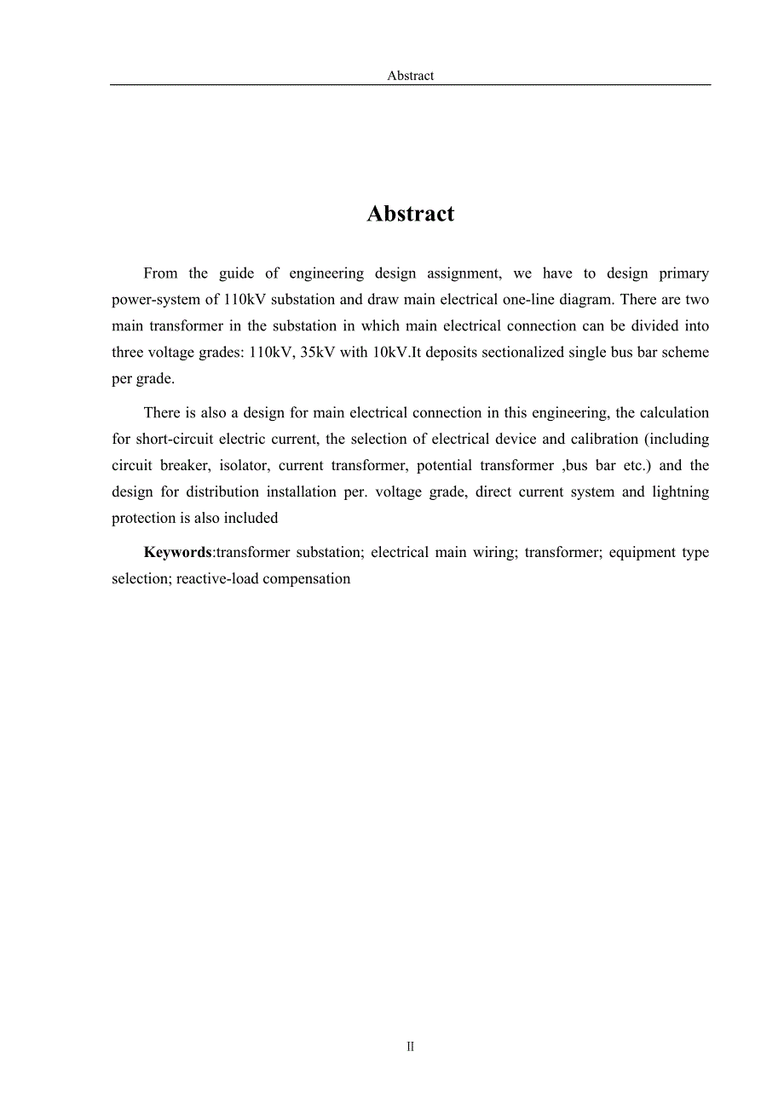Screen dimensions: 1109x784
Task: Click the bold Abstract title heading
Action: (410, 214)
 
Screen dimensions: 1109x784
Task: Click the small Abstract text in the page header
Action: (410, 76)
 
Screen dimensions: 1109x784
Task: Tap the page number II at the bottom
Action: (410, 1047)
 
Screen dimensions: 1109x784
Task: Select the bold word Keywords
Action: (177, 552)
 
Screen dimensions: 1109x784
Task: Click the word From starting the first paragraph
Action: (160, 273)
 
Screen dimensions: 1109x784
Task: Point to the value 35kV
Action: (318, 353)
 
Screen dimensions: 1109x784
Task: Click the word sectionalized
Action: (523, 353)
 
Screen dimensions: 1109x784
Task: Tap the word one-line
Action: (527, 300)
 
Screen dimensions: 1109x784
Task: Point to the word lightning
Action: (680, 492)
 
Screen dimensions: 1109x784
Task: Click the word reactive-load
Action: (217, 579)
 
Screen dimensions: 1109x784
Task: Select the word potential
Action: (444, 466)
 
